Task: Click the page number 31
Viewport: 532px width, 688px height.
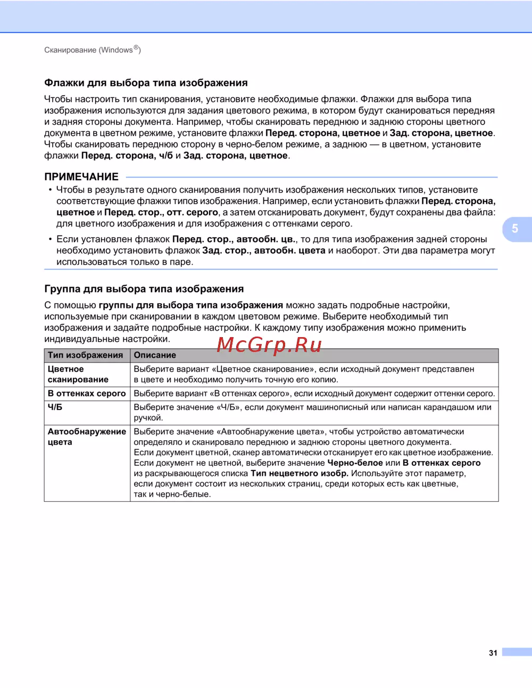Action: pyautogui.click(x=493, y=653)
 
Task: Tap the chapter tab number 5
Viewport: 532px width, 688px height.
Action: pyautogui.click(x=515, y=229)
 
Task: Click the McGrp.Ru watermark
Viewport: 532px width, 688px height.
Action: pyautogui.click(x=269, y=346)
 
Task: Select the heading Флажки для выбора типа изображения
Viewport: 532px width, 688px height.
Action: pyautogui.click(x=146, y=83)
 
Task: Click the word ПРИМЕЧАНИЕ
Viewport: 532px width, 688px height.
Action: pyautogui.click(x=81, y=177)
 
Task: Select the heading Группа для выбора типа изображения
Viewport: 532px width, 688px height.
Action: pyautogui.click(x=144, y=289)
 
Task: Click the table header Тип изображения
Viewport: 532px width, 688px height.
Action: pyautogui.click(x=85, y=355)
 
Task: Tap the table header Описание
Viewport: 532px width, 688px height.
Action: pyautogui.click(x=155, y=355)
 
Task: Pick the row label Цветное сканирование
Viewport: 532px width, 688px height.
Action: pyautogui.click(x=78, y=374)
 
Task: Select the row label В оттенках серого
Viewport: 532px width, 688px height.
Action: pyautogui.click(x=87, y=393)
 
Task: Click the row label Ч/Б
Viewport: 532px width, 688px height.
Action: pyautogui.click(x=55, y=407)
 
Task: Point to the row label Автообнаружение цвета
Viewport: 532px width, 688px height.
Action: pyautogui.click(x=87, y=437)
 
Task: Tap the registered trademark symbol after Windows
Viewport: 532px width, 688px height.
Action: pyautogui.click(x=136, y=48)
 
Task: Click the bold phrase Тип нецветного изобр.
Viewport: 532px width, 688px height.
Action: pyautogui.click(x=300, y=473)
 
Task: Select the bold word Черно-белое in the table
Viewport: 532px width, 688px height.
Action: pyautogui.click(x=355, y=463)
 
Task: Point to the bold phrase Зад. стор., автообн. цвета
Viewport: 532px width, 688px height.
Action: pyautogui.click(x=264, y=250)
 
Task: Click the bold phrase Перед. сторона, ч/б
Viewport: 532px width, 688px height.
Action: pyautogui.click(x=127, y=156)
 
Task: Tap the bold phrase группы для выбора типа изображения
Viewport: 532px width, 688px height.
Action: pyautogui.click(x=191, y=305)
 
